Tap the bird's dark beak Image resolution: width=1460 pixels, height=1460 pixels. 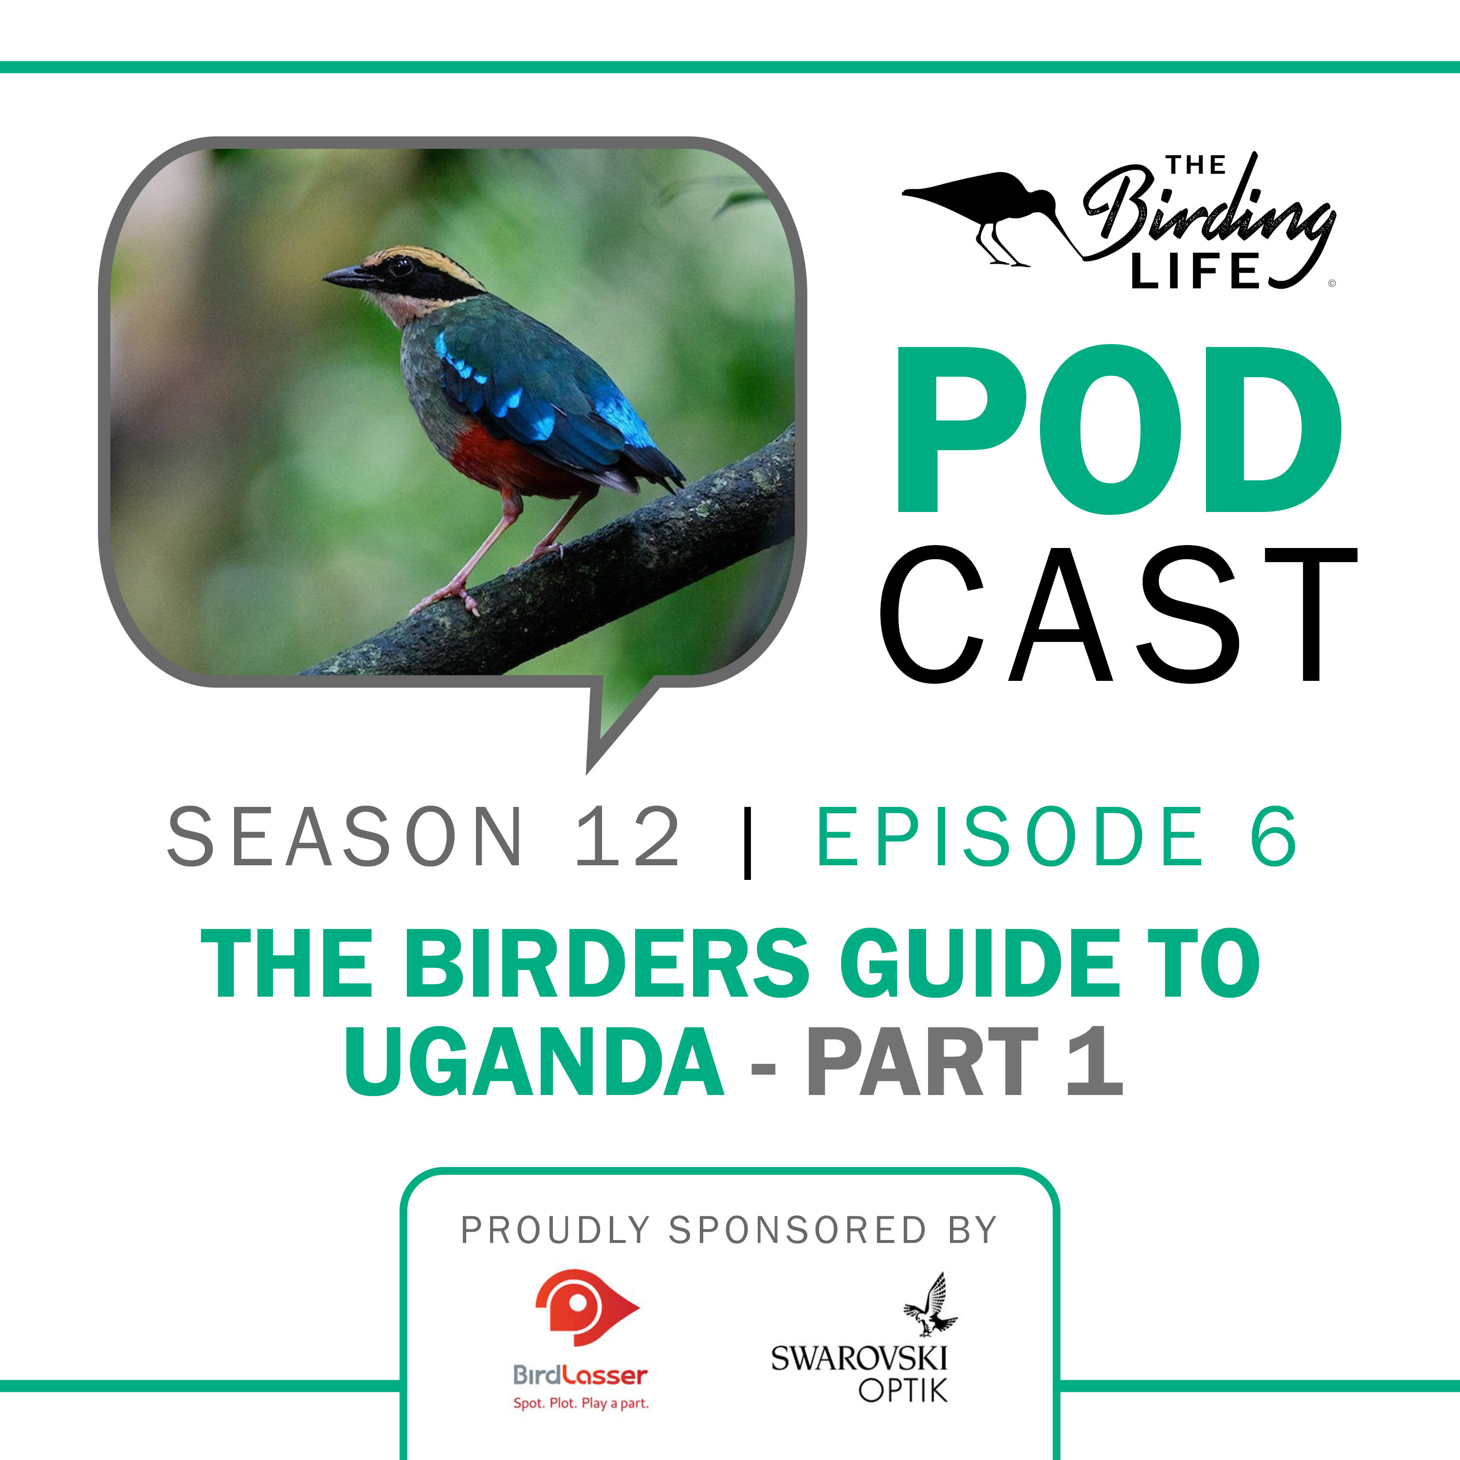[349, 276]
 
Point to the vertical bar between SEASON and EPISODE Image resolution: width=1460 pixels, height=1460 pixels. [748, 841]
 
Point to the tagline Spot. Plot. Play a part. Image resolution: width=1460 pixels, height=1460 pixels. [581, 1404]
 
